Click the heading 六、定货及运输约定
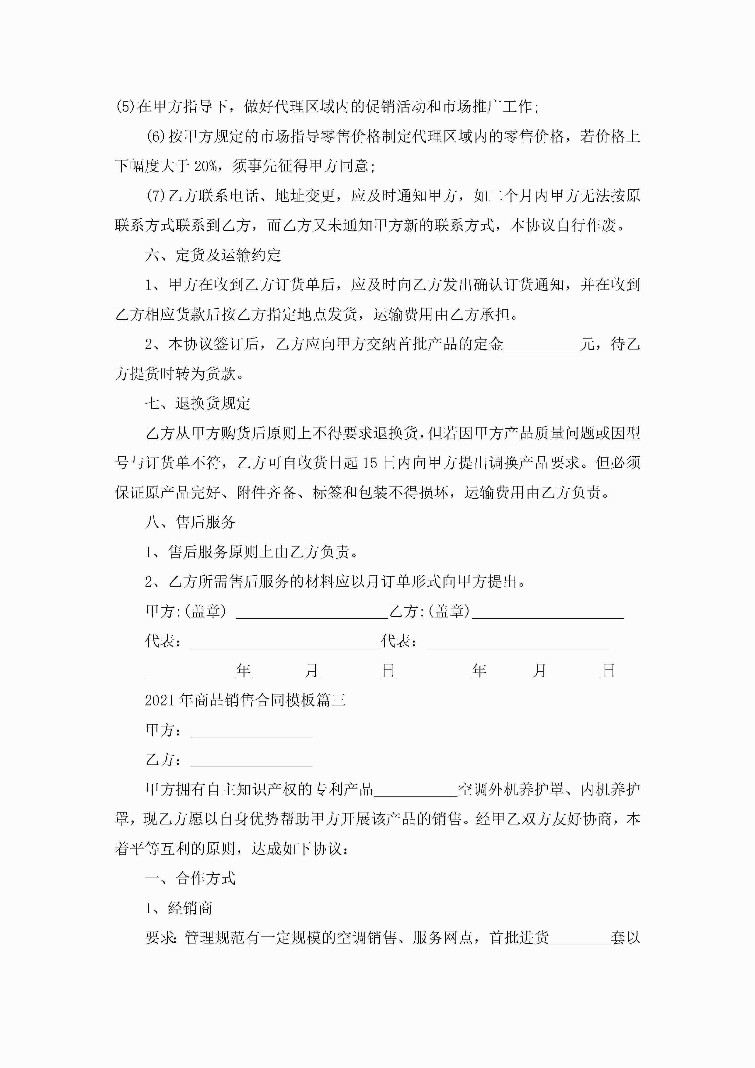coord(213,255)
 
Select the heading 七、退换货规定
coord(198,403)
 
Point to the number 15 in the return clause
coord(370,463)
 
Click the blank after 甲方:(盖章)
coord(312,612)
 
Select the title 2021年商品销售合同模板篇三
coord(245,700)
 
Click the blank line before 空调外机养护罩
coord(416,789)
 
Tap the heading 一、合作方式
coord(190,878)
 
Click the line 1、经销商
coord(179,908)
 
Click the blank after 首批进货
coord(580,938)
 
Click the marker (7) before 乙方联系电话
coord(156,196)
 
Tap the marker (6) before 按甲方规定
coord(156,136)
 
